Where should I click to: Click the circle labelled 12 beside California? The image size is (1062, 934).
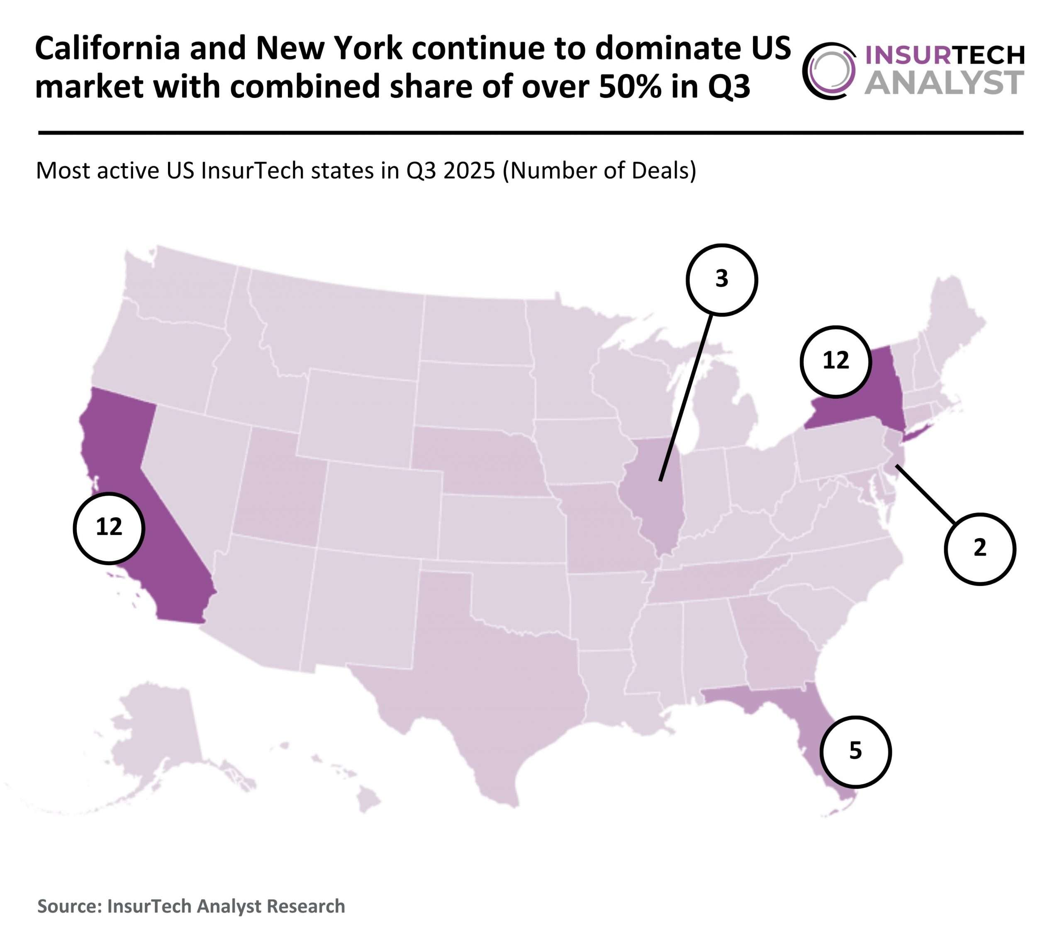tap(109, 527)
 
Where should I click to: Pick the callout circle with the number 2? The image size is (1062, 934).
tap(979, 549)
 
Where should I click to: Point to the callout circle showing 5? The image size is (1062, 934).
tap(855, 751)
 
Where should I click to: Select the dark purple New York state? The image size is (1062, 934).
tap(873, 395)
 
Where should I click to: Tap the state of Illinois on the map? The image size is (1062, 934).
tap(655, 499)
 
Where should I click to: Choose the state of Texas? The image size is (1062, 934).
tap(494, 691)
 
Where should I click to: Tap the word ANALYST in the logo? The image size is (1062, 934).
tap(944, 83)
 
